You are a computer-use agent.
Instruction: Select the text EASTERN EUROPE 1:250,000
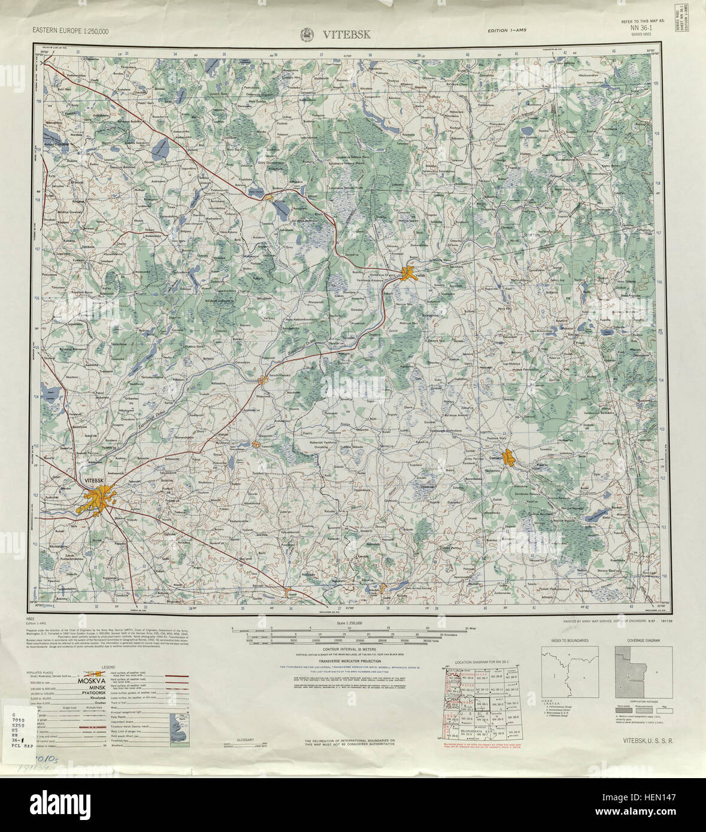[x=71, y=32]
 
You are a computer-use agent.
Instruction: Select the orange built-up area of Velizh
[x=410, y=274]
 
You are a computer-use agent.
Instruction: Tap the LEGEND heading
[x=108, y=667]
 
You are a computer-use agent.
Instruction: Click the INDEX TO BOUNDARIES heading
[x=569, y=640]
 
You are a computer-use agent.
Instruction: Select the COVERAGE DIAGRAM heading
[x=643, y=640]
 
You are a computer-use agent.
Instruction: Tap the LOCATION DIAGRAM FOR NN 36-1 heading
[x=481, y=662]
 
